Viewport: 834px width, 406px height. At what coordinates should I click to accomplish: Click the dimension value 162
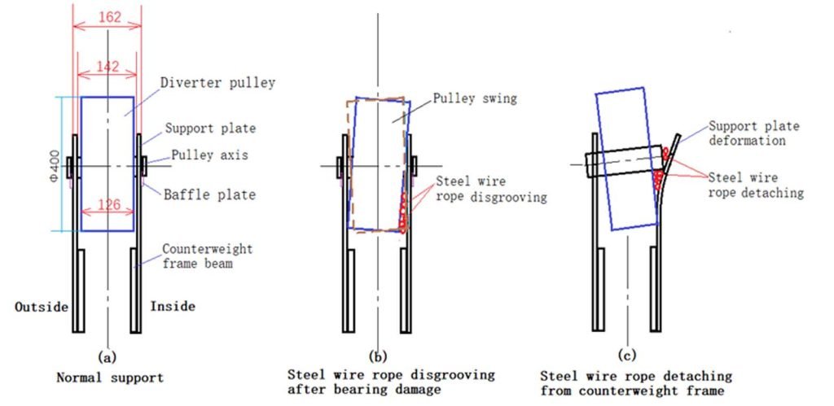[x=110, y=17]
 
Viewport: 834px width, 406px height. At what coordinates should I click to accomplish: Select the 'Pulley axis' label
[x=209, y=155]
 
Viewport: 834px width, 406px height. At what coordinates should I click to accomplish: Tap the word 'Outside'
[x=42, y=308]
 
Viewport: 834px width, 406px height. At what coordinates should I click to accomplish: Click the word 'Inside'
[x=173, y=307]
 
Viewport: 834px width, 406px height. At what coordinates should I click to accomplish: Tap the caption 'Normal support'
[x=110, y=378]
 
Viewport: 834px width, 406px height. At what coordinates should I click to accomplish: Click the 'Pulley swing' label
[x=475, y=98]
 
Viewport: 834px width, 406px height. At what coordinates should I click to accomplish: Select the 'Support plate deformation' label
[x=753, y=133]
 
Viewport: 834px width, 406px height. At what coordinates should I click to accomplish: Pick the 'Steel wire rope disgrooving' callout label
[x=491, y=189]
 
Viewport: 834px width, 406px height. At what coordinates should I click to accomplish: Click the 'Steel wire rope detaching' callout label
[x=756, y=185]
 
